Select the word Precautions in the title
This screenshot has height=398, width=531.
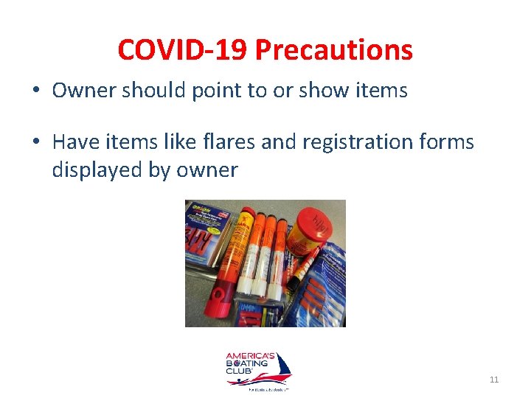pyautogui.click(x=333, y=50)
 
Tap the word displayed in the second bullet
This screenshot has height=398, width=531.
pyautogui.click(x=100, y=170)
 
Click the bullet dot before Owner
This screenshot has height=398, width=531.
pyautogui.click(x=35, y=91)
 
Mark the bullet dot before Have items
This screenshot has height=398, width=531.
pyautogui.click(x=35, y=142)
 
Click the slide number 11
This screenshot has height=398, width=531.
pyautogui.click(x=494, y=380)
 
